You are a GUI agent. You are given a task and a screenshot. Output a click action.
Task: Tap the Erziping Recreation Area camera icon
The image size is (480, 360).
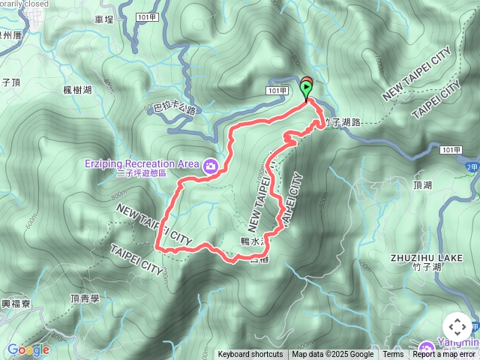(211, 165)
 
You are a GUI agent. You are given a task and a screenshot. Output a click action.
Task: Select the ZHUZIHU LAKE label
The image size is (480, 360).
(427, 257)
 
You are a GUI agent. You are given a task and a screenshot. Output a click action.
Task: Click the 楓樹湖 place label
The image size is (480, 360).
(77, 90)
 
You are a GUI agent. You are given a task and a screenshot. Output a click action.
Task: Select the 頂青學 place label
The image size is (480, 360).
(84, 298)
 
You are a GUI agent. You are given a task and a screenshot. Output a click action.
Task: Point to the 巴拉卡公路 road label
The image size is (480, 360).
(174, 109)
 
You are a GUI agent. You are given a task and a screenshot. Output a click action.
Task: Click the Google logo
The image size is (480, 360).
(28, 349)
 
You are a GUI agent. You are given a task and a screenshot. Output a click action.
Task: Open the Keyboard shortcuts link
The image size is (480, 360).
(250, 355)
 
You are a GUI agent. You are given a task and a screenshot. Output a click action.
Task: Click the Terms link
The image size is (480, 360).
(393, 355)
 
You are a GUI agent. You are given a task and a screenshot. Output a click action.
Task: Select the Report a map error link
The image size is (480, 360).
(444, 355)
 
